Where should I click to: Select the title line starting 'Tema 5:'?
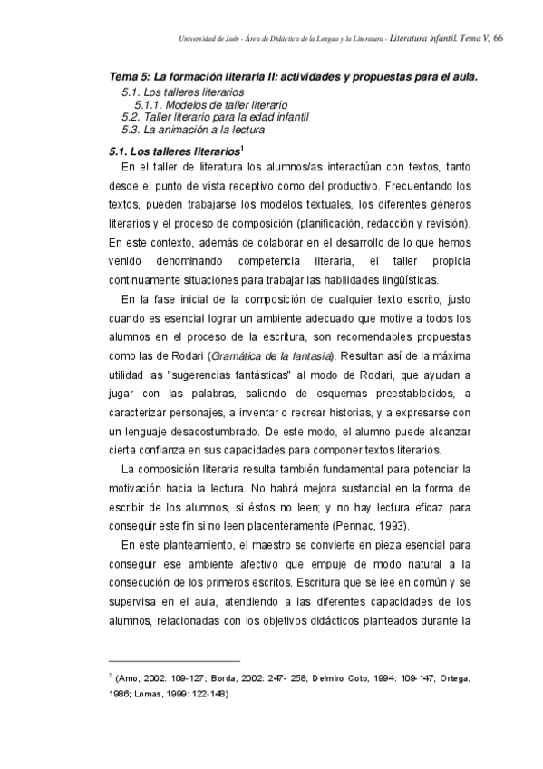(293, 78)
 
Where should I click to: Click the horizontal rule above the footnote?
(173, 660)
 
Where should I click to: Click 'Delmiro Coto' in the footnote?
(337, 677)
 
